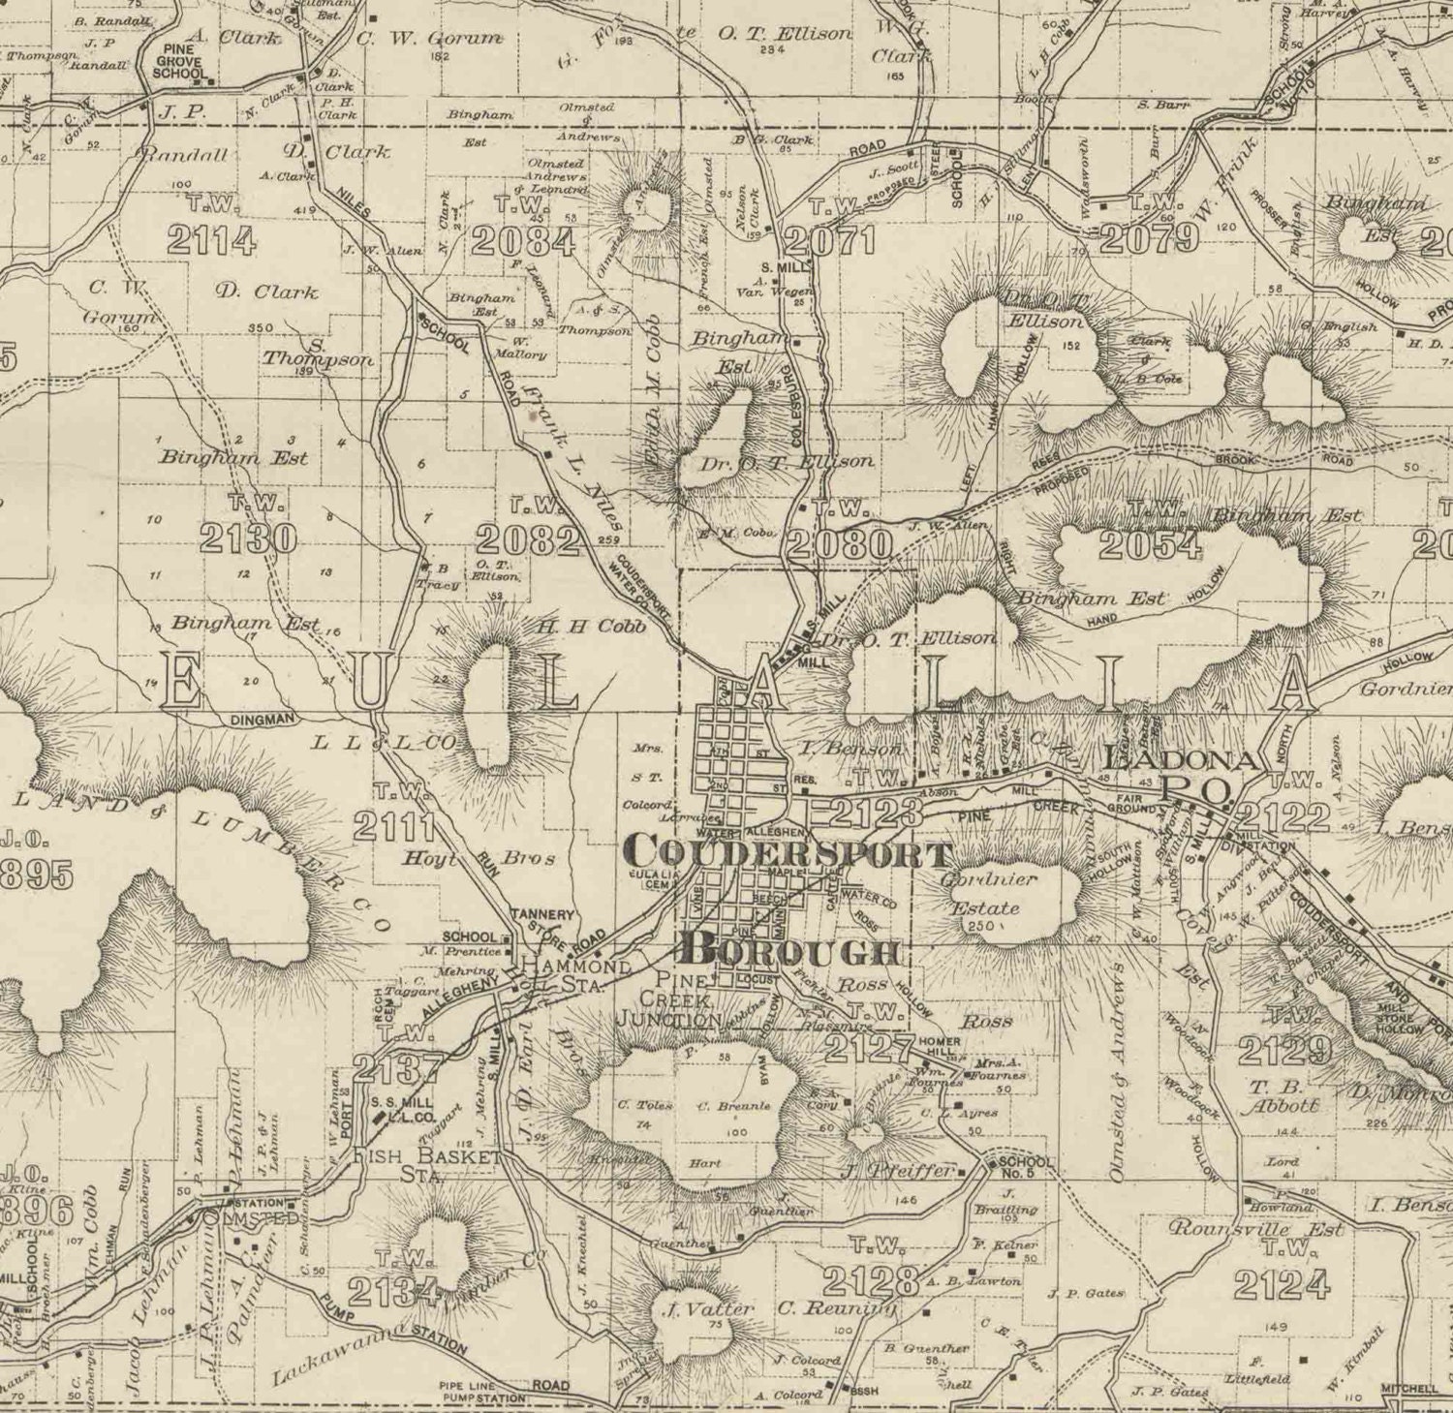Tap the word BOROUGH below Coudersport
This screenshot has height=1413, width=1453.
[x=791, y=950]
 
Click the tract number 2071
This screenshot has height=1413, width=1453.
[x=830, y=239]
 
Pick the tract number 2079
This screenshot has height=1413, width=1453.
[x=1149, y=238]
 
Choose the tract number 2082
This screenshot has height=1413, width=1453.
[x=527, y=539]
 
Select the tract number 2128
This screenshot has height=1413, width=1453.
[x=870, y=1281]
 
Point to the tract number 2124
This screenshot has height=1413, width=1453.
[x=1281, y=1284]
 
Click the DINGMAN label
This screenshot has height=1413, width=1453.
[x=262, y=720]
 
